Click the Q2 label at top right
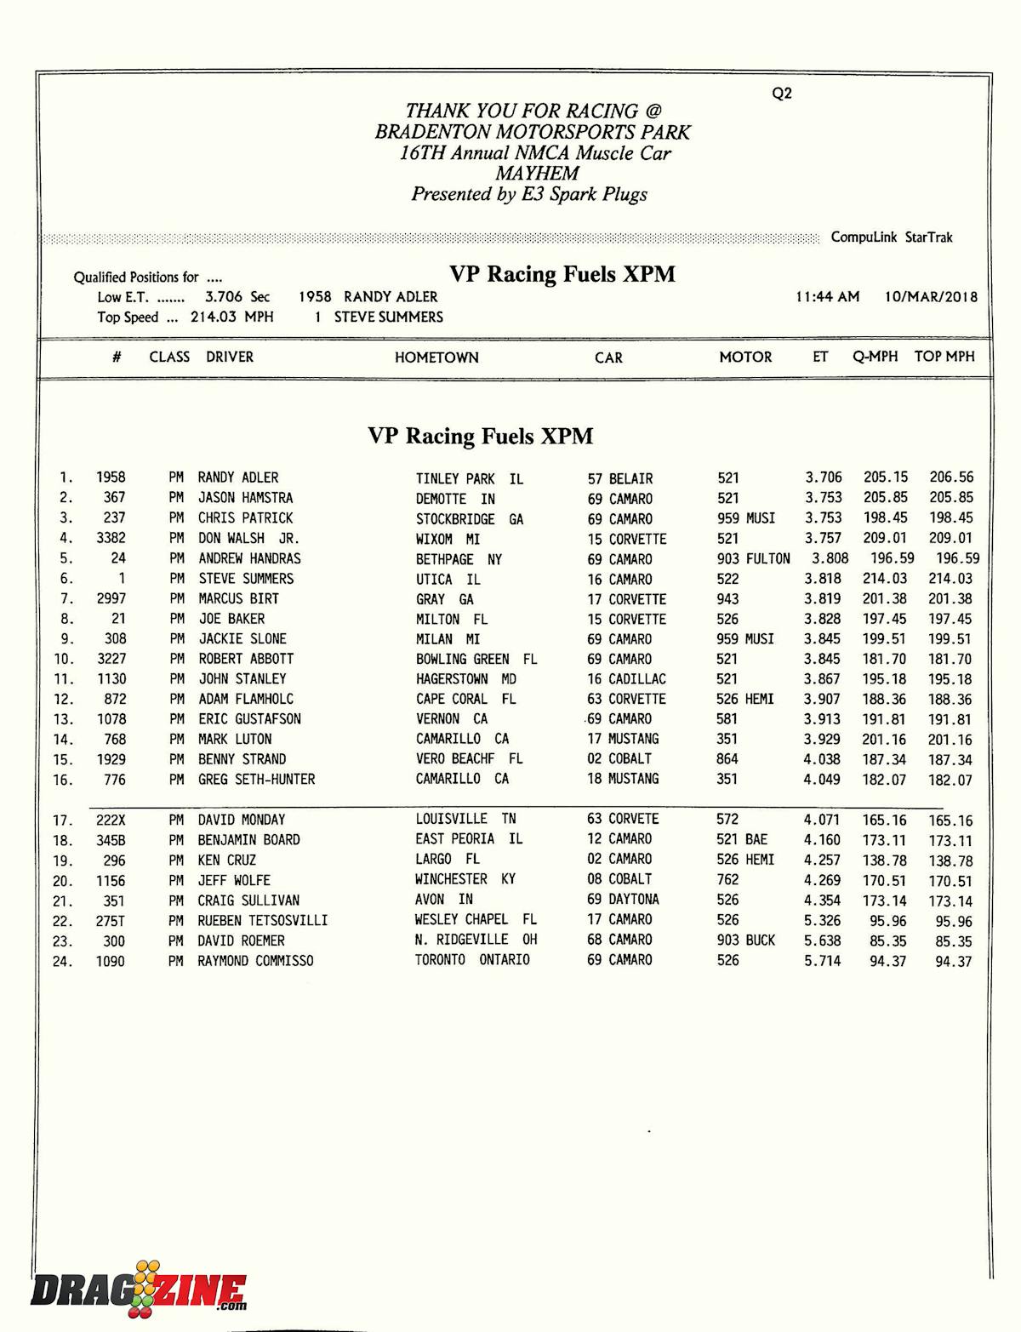click(x=781, y=94)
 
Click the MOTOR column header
click(x=745, y=357)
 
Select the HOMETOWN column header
click(x=436, y=357)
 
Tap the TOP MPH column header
click(x=944, y=357)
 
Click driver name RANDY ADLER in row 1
click(x=238, y=477)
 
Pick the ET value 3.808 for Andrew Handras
click(x=830, y=558)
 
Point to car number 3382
click(x=111, y=538)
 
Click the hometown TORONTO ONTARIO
click(x=472, y=960)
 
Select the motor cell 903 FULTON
click(x=753, y=558)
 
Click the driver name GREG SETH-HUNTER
click(x=256, y=779)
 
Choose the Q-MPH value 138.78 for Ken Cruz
click(x=885, y=860)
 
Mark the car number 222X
click(x=111, y=820)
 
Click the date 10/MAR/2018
click(x=931, y=297)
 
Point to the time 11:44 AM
click(x=827, y=297)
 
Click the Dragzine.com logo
click(x=139, y=1289)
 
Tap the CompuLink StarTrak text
click(x=891, y=237)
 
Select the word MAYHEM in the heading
click(x=537, y=174)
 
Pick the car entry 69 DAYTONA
click(x=623, y=900)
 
